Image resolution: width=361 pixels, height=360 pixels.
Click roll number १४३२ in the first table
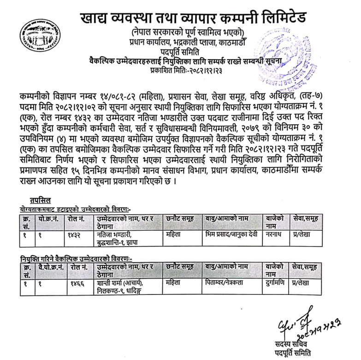click(x=74, y=234)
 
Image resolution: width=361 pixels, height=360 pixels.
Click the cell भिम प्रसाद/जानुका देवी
click(x=230, y=234)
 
